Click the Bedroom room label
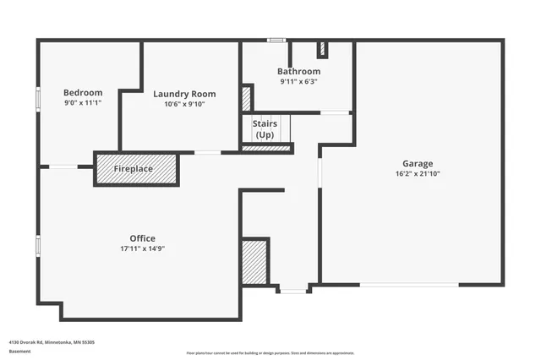pyautogui.click(x=83, y=92)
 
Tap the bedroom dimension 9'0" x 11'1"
pyautogui.click(x=83, y=102)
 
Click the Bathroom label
pyautogui.click(x=299, y=72)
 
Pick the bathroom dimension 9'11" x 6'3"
pyautogui.click(x=299, y=82)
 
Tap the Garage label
pyautogui.click(x=418, y=163)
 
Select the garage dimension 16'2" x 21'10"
pyautogui.click(x=418, y=173)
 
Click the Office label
pyautogui.click(x=142, y=238)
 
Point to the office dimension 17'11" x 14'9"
pyautogui.click(x=142, y=248)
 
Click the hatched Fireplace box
pyautogui.click(x=135, y=169)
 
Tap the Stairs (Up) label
pyautogui.click(x=265, y=129)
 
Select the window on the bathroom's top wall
pyautogui.click(x=276, y=40)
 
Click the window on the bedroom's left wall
pyautogui.click(x=37, y=97)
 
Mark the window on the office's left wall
pyautogui.click(x=37, y=245)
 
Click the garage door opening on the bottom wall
pyautogui.click(x=409, y=285)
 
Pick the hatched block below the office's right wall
pyautogui.click(x=254, y=261)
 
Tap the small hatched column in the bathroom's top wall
pyautogui.click(x=321, y=48)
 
